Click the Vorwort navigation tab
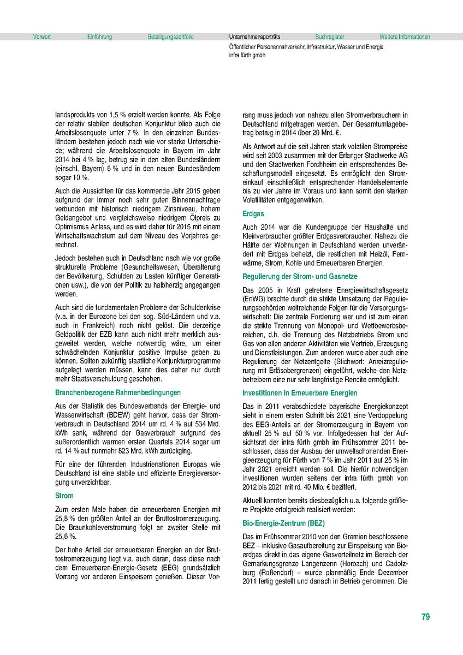click(42, 37)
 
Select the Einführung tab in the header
click(99, 37)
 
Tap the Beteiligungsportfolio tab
click(170, 37)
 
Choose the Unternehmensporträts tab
click(255, 37)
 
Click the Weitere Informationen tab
click(405, 37)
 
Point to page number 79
click(425, 617)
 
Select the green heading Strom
click(64, 496)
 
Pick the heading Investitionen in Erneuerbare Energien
click(300, 392)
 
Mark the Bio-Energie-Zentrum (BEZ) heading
click(283, 523)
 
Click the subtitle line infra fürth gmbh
click(247, 55)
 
